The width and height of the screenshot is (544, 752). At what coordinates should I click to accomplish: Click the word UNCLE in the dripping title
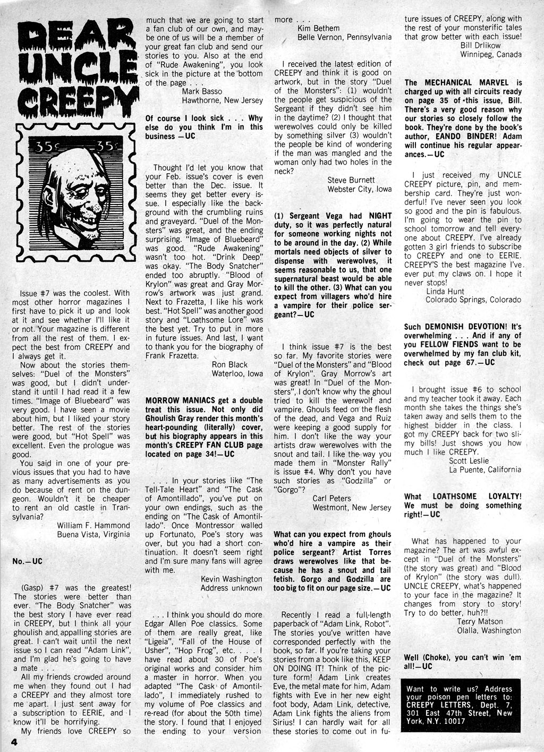coord(74,67)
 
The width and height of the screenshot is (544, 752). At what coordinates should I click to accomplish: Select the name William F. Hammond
coord(93,525)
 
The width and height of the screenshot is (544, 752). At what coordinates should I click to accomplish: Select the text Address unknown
coord(231,588)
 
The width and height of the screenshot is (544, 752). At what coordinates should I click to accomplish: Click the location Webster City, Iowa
coord(359,189)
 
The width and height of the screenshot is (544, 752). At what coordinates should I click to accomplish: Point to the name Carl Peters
coord(331,498)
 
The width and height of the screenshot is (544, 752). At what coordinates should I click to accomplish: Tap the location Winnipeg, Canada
coord(490,54)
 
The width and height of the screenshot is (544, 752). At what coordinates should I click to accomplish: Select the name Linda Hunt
coord(445,291)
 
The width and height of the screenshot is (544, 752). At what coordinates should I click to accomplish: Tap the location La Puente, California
coord(484,469)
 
